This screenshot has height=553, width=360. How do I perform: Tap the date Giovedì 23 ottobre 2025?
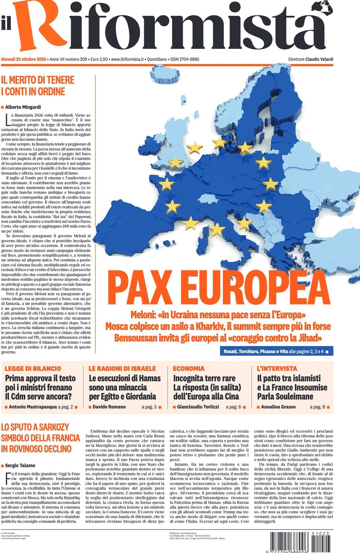[23, 59]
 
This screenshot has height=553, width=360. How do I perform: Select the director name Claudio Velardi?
[319, 59]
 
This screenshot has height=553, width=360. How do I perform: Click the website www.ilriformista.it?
[127, 59]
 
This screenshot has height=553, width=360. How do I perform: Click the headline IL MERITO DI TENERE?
[38, 80]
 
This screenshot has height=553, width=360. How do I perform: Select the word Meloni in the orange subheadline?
[143, 315]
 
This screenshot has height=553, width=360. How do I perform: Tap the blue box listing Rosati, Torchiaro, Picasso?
[276, 351]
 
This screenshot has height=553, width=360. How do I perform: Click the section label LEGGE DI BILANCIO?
[33, 368]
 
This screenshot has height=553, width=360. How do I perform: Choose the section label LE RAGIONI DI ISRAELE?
[122, 368]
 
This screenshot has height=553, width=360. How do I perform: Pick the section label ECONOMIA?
[189, 368]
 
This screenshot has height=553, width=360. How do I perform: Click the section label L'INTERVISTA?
[277, 368]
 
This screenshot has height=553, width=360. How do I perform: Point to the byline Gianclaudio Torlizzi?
[198, 407]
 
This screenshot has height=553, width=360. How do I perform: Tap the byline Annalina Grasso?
[278, 407]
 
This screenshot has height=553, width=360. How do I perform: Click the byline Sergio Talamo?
[20, 465]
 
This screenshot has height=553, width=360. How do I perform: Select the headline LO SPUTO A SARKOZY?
[35, 427]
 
